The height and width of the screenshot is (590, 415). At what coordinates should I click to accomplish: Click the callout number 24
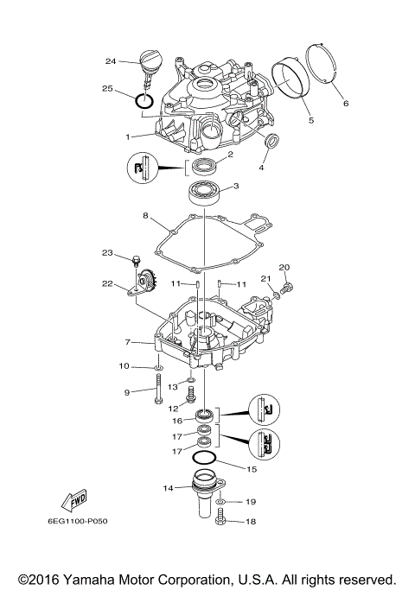110,60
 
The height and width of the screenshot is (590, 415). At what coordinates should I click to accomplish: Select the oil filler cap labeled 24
150,63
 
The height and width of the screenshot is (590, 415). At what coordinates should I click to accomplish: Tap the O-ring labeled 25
144,102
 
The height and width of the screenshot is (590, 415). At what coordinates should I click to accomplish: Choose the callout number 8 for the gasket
145,216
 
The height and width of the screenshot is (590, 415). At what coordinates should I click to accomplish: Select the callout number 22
106,284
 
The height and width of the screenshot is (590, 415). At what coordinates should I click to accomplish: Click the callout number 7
127,343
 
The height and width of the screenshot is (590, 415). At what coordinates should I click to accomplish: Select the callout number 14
169,488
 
